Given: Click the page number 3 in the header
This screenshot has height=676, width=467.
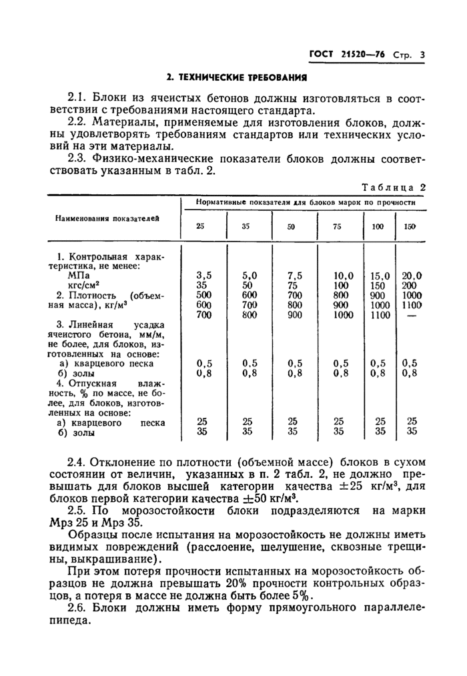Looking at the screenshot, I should coord(422,56).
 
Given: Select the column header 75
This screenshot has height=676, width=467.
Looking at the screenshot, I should coord(337,226).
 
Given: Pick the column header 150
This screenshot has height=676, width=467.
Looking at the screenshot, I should coord(410,226).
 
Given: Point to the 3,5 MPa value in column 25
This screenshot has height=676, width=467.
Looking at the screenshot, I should coord(204,274).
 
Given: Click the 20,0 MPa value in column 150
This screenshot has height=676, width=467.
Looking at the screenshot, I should coord(412,274).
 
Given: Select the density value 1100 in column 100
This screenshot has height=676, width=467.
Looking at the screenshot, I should coord(380,315).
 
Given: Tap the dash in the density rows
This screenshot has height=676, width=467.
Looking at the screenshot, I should coord(412,315).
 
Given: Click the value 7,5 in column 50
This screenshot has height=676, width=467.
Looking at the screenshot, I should coord(295,274).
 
